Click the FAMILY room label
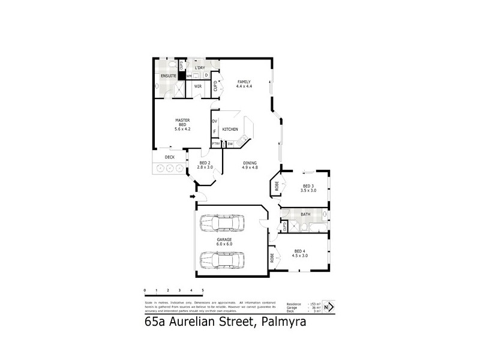[244, 82]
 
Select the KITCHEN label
[230, 130]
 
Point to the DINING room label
[250, 163]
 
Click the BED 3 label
[308, 187]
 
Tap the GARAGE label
[225, 240]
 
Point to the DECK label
[170, 157]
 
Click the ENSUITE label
[168, 76]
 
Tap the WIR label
[197, 86]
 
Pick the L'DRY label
[200, 68]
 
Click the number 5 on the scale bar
[203, 290]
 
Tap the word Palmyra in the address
[282, 322]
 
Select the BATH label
[305, 214]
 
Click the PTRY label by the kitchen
[215, 143]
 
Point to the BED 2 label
[205, 163]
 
